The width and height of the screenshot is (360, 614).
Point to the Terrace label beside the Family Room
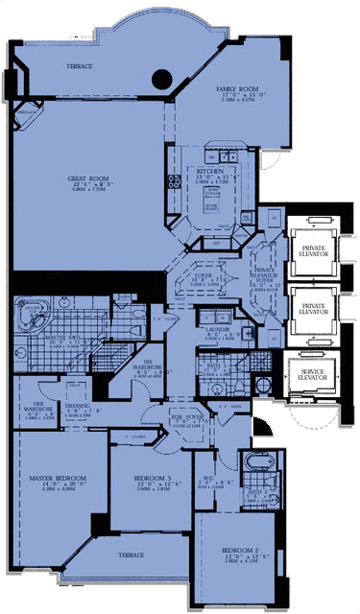tap(79, 66)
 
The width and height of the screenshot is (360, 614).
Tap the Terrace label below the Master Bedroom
tap(131, 555)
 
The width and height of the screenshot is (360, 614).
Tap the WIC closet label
tap(208, 456)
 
